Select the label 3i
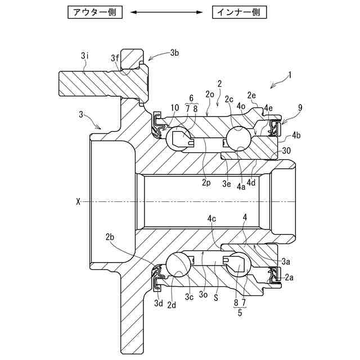(x=84, y=56)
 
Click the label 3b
(x=174, y=53)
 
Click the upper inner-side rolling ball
(x=240, y=137)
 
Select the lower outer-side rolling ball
(x=179, y=262)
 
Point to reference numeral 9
(x=300, y=106)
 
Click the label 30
(x=286, y=151)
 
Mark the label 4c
(x=212, y=218)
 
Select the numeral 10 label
(x=175, y=107)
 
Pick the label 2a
(x=290, y=277)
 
